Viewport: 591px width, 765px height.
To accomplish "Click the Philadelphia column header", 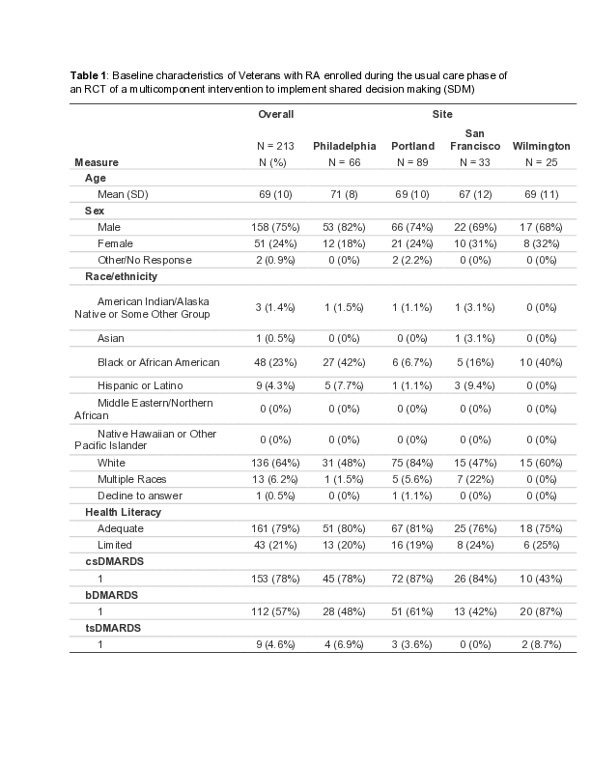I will [x=344, y=146].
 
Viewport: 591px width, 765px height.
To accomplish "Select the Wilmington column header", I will [x=541, y=146].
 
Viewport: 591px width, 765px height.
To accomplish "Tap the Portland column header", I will [x=412, y=146].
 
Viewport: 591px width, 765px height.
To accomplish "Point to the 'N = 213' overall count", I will [x=275, y=146].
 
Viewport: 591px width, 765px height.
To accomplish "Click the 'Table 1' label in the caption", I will [x=89, y=74].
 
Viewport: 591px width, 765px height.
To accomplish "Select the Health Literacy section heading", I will [x=123, y=512].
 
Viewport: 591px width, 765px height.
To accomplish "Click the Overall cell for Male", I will [x=275, y=227].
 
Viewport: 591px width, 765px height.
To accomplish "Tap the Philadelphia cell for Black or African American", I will [x=344, y=362].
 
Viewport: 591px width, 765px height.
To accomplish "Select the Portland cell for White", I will [x=412, y=463].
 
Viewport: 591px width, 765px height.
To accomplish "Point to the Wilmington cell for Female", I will [x=541, y=243].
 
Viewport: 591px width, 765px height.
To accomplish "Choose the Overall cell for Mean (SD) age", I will [x=275, y=195].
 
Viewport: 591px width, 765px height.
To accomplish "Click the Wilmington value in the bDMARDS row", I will [x=541, y=612].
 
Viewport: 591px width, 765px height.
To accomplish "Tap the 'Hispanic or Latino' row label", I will [x=139, y=385].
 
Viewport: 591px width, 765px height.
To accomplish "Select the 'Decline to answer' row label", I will [x=139, y=496].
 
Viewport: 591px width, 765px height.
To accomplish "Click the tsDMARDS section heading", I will [x=113, y=628].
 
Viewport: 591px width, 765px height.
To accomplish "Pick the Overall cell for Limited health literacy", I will [x=275, y=544].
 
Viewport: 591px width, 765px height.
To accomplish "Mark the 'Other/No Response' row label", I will [x=144, y=260].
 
